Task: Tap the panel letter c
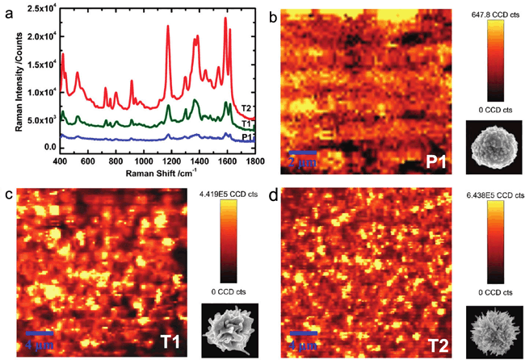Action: click(x=7, y=195)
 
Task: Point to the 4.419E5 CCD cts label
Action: click(x=227, y=194)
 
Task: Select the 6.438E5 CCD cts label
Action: click(x=493, y=194)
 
